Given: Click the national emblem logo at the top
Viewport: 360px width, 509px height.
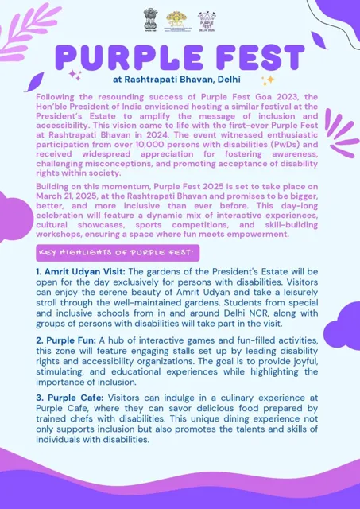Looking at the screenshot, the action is click(x=150, y=18).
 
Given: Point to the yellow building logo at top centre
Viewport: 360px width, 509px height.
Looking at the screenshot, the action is click(x=179, y=18).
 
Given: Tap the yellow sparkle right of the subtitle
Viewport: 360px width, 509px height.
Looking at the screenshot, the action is click(x=268, y=80).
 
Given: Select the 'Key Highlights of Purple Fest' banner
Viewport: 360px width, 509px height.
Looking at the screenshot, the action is click(x=117, y=252).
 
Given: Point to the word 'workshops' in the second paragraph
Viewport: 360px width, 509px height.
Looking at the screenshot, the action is click(x=64, y=234).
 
